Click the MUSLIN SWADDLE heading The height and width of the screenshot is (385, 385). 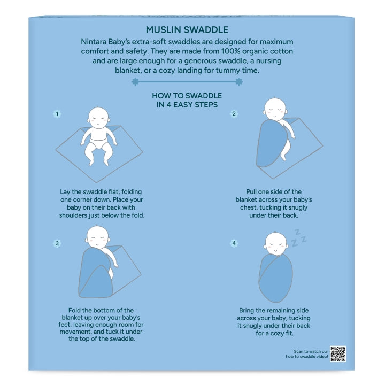[187, 30]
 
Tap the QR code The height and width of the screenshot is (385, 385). [338, 354]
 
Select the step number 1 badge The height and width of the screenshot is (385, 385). [57, 114]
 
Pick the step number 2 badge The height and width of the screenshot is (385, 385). [234, 114]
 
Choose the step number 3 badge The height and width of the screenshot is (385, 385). [57, 243]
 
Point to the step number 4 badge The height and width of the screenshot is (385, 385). [234, 243]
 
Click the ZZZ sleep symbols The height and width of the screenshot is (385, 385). [298, 238]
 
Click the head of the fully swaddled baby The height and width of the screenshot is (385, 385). [275, 243]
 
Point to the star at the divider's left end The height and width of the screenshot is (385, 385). [135, 82]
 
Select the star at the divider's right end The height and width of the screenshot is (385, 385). [239, 82]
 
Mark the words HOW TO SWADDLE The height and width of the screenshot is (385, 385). [187, 96]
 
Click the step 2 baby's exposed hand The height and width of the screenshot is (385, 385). [292, 136]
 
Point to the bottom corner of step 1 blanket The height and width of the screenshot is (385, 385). [96, 182]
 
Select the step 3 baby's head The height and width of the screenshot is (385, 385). [98, 237]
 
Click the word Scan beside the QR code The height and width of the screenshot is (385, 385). [298, 351]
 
